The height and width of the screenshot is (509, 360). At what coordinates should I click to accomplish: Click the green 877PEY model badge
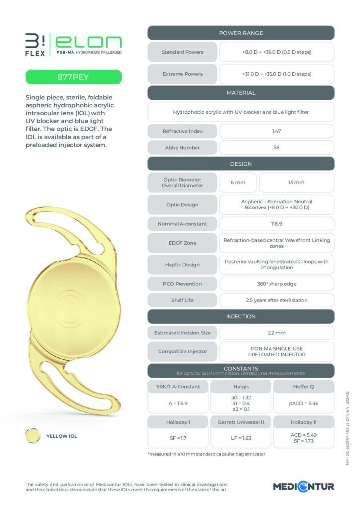click(74, 77)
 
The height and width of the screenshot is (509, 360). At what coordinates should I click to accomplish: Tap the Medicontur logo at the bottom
click(303, 486)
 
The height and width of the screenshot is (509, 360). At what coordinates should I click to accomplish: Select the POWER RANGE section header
click(241, 33)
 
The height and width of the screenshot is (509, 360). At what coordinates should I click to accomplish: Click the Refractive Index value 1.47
click(276, 131)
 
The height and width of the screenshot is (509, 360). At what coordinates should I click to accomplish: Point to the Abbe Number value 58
click(276, 148)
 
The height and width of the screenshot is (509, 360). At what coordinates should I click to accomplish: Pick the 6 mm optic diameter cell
click(238, 182)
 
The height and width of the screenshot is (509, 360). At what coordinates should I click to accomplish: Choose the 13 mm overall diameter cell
click(296, 182)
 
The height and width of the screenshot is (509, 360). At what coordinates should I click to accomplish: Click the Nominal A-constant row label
click(182, 224)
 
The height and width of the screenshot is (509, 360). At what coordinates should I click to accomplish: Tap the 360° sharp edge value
click(276, 283)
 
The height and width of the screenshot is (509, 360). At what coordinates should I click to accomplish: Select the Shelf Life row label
click(182, 300)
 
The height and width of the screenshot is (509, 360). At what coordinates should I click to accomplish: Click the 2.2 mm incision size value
click(276, 332)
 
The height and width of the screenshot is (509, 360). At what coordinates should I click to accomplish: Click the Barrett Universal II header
click(241, 422)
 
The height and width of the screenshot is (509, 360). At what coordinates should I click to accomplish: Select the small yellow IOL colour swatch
click(33, 436)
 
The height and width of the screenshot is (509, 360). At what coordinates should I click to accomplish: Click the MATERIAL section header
click(241, 93)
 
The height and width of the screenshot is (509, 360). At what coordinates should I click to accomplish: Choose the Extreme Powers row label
click(182, 74)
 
